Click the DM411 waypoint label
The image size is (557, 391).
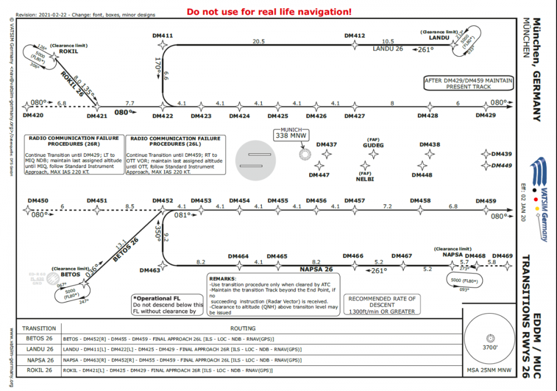(163, 36)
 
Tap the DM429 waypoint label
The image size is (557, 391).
(485, 115)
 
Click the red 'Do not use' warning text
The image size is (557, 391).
(269, 12)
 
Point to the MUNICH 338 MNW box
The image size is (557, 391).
(292, 133)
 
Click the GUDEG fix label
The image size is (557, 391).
(373, 145)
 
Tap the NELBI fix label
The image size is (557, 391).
(365, 179)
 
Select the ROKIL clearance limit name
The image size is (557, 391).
(69, 51)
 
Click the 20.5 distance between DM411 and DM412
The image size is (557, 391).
(258, 41)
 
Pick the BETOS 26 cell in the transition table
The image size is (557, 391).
(40, 339)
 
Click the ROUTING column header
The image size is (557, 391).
(242, 328)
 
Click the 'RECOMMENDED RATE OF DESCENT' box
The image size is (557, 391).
(382, 305)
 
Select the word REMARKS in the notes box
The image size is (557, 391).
(223, 278)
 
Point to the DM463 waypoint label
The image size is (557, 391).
(150, 270)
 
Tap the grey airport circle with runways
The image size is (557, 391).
(256, 160)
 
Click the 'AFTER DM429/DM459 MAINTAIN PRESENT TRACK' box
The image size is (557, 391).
(468, 83)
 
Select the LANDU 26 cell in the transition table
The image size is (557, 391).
(40, 349)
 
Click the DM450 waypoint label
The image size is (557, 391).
(38, 200)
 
